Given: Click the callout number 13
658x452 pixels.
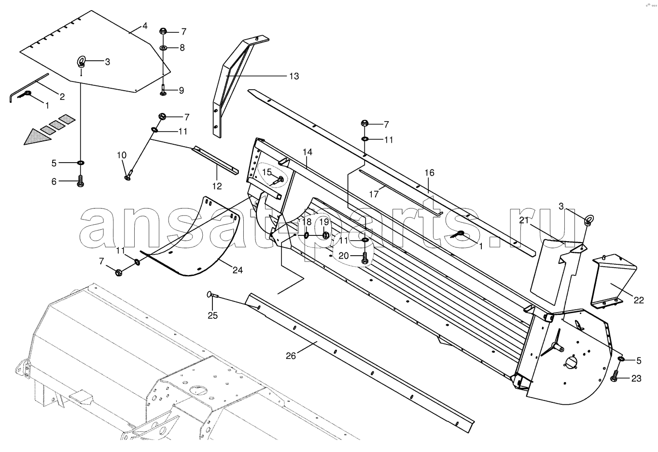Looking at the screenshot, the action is [294, 76].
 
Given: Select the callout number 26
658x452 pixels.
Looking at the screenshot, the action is [291, 356].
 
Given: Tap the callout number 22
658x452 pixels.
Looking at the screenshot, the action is [639, 300].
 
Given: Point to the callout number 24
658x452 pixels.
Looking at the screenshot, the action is [238, 270].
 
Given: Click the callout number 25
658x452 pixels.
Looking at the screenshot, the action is [213, 316].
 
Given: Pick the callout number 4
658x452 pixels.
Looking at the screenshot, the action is [145, 26].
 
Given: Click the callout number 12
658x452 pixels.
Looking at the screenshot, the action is [217, 186].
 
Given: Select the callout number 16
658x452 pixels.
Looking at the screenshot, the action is [429, 173].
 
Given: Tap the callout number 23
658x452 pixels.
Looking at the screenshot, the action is [636, 379].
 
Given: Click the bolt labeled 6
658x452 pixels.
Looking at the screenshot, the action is [80, 181].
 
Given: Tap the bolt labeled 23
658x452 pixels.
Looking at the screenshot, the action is [614, 376].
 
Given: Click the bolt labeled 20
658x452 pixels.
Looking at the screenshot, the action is [364, 258].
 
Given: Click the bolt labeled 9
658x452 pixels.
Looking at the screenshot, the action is [163, 90].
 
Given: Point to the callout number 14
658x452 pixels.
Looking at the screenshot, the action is [307, 152].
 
